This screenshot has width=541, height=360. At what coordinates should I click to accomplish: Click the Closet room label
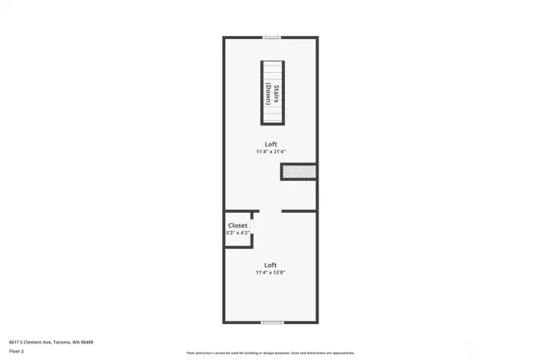coord(237,225)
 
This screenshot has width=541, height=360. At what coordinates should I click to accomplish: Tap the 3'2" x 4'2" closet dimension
coord(237,233)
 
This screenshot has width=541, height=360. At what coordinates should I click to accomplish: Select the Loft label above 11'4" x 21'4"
coord(270,144)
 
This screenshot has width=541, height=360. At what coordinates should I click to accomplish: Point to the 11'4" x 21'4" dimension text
coord(270,152)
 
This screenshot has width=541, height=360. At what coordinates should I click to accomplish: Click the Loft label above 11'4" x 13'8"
coord(270,265)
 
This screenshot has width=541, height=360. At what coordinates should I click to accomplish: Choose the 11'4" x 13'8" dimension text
coord(270,272)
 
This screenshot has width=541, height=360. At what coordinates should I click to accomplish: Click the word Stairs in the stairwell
coord(277,94)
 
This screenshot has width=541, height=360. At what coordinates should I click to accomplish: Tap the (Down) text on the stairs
coord(268,93)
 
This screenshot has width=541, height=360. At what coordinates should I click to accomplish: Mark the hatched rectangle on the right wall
coord(299,172)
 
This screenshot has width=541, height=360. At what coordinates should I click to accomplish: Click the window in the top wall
coord(271,38)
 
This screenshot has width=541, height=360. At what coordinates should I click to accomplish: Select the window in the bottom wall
coord(272,322)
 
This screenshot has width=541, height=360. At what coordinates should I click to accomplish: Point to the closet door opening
coord(252,226)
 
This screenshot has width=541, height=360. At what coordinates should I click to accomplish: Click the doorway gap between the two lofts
coord(270,211)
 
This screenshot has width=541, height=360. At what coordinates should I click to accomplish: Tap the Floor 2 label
coord(17,352)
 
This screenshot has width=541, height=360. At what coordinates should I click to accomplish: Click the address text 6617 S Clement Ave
coord(30,343)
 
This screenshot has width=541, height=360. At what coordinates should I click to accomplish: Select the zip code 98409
coord(87,343)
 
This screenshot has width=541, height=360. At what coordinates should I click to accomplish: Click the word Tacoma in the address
coord(62,343)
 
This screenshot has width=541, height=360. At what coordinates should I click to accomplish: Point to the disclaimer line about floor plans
coord(270,353)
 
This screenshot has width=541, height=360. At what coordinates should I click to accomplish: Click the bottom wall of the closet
coord(239,247)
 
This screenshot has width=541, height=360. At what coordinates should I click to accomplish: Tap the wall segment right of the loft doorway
coord(299,211)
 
